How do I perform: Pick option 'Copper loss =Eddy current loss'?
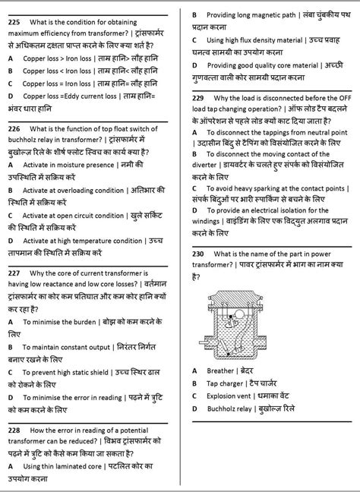77,96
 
